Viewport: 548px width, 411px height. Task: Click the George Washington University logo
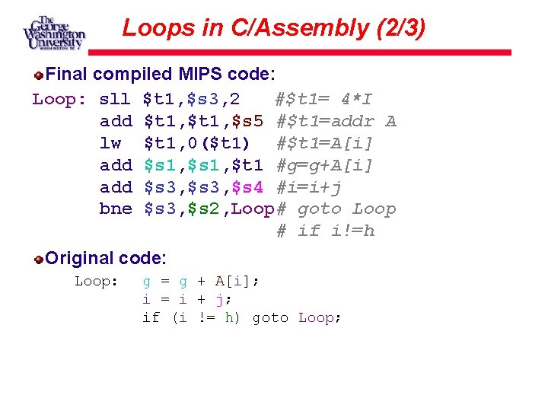(x=53, y=33)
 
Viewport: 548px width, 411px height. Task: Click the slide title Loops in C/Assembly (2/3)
(x=274, y=28)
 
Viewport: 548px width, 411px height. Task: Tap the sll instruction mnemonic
(x=115, y=99)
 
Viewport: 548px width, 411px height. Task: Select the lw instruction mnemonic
(x=110, y=143)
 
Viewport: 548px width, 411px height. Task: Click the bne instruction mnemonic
(x=115, y=209)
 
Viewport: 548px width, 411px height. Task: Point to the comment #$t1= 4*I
(x=323, y=99)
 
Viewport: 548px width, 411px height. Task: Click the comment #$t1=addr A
(x=336, y=121)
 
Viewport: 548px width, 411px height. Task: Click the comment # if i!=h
(x=326, y=231)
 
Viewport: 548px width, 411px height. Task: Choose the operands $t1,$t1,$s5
(x=203, y=121)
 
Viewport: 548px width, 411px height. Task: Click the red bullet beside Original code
(x=38, y=260)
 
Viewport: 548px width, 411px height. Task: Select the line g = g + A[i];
(x=201, y=282)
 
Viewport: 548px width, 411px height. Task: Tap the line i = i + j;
(x=186, y=300)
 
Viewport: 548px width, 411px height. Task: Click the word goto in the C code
(x=270, y=317)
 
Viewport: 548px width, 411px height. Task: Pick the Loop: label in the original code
(x=96, y=282)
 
